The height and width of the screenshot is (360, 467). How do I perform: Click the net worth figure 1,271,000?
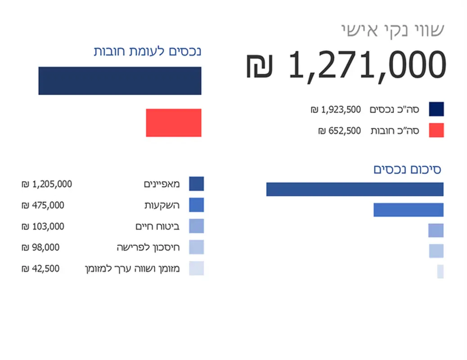pyautogui.click(x=367, y=65)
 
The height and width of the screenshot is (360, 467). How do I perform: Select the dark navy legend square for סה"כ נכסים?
pyautogui.click(x=436, y=109)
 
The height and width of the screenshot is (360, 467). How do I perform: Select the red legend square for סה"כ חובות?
pyautogui.click(x=436, y=130)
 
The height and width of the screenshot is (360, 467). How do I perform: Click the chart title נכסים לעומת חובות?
pyautogui.click(x=147, y=51)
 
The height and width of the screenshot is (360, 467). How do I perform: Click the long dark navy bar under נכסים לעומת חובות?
pyautogui.click(x=120, y=81)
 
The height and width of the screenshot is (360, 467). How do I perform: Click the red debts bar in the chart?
pyautogui.click(x=173, y=123)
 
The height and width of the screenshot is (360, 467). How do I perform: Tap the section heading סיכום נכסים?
pyautogui.click(x=407, y=170)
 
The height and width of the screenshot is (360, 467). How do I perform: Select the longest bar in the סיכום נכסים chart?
pyautogui.click(x=355, y=189)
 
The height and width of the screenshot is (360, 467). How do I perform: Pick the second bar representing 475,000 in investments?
pyautogui.click(x=408, y=210)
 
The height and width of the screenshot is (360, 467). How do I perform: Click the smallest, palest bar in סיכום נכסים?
pyautogui.click(x=440, y=271)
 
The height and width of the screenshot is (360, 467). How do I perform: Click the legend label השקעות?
pyautogui.click(x=162, y=205)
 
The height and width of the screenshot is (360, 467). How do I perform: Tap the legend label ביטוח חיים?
pyautogui.click(x=157, y=226)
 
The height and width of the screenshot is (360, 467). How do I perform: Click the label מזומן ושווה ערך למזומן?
pyautogui.click(x=132, y=269)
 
